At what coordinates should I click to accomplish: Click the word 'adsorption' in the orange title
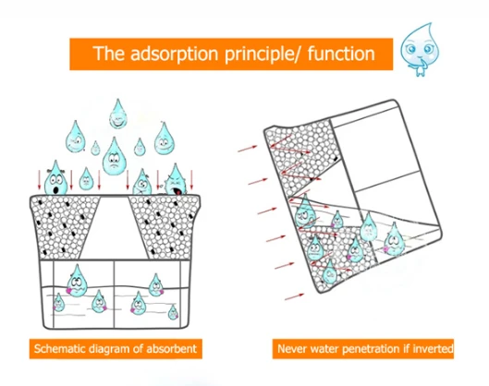coord(174,54)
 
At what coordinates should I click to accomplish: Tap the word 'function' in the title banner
coord(341,53)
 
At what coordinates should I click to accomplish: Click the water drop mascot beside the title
coord(420,49)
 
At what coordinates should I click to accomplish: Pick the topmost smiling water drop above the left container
coord(118,114)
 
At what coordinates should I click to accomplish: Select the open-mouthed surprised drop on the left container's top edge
coord(56,178)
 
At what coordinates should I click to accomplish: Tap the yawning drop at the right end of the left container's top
coord(176,181)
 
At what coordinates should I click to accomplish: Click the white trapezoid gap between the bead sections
coord(115,227)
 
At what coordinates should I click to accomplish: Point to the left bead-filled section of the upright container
coord(61,227)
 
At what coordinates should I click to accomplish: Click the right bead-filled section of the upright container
coord(166,227)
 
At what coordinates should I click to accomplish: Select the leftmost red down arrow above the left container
coord(40,180)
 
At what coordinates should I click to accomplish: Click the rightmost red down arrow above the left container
coord(191,180)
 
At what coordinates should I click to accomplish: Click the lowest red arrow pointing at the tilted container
coord(294,296)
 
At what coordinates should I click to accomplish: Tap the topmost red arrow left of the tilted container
coord(248,149)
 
